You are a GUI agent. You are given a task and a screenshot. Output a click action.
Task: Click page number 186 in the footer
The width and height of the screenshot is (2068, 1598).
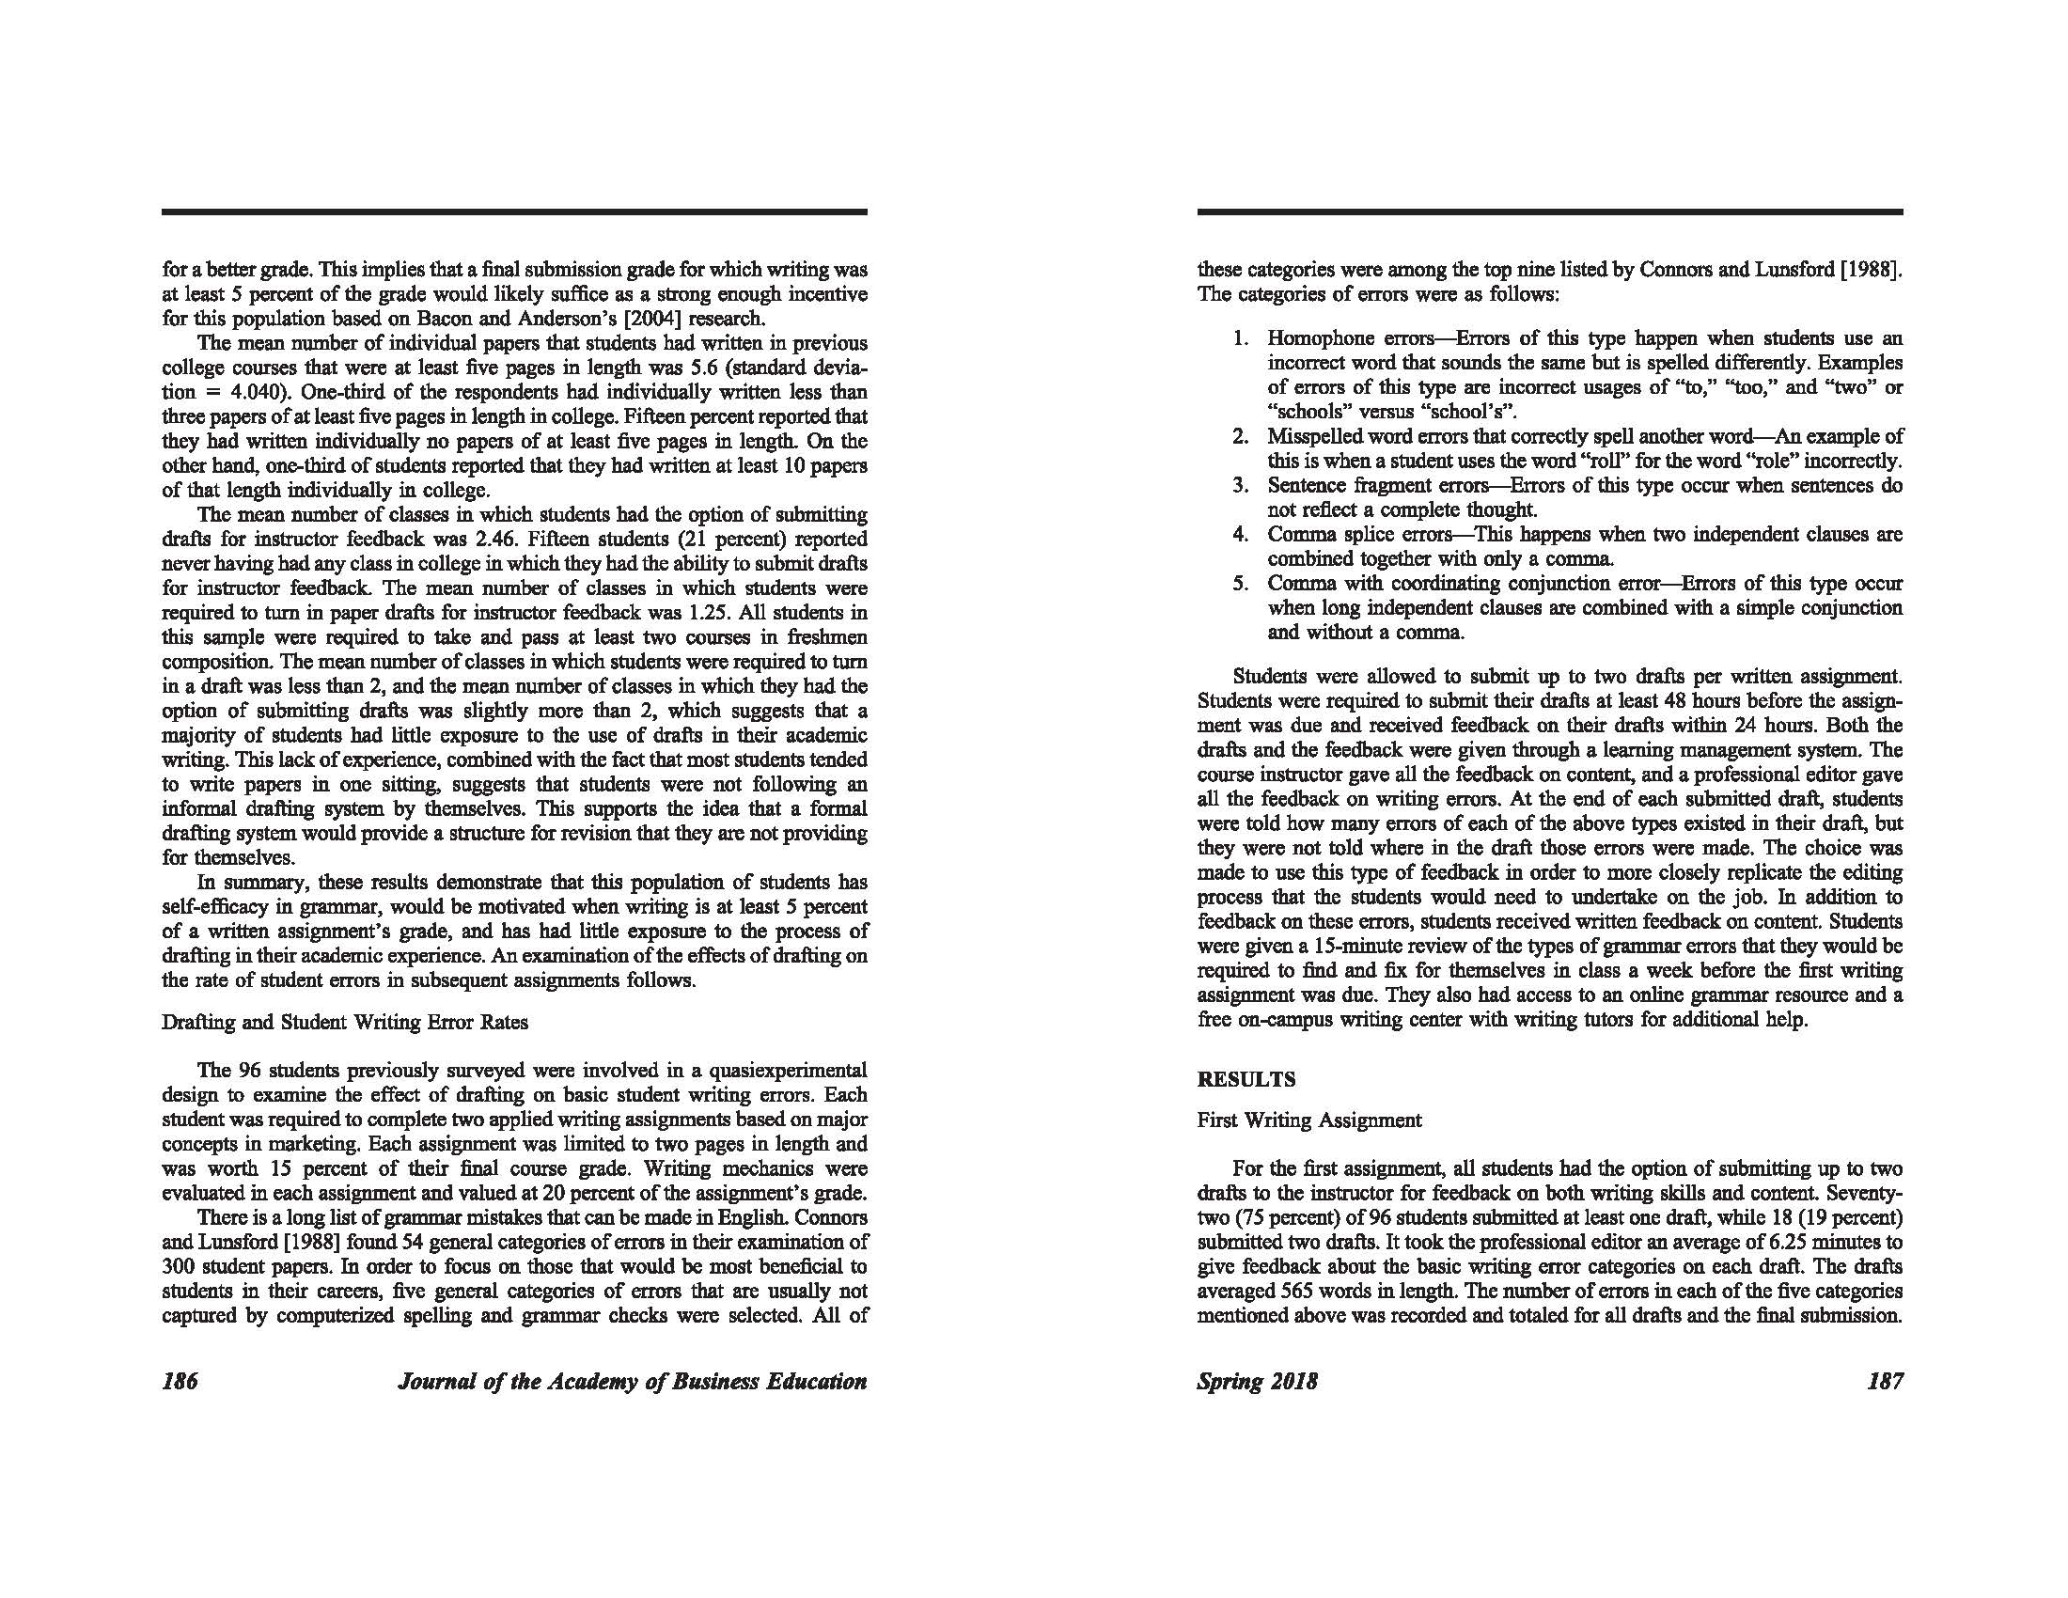point(180,1381)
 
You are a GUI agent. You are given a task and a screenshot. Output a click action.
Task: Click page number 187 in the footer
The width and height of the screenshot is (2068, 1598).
point(1885,1381)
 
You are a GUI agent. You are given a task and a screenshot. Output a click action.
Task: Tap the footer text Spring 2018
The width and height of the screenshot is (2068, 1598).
point(1257,1381)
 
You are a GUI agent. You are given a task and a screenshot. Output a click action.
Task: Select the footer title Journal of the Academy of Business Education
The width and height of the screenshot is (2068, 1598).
point(633,1381)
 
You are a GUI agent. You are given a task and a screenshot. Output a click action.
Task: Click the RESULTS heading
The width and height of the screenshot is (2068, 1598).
point(1246,1079)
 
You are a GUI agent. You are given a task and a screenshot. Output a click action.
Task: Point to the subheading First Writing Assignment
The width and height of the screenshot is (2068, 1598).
point(1308,1120)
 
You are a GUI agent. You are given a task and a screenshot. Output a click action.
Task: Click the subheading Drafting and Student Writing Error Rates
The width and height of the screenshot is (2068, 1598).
point(345,1023)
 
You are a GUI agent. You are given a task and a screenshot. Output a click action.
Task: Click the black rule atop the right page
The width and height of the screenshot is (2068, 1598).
point(1550,212)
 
